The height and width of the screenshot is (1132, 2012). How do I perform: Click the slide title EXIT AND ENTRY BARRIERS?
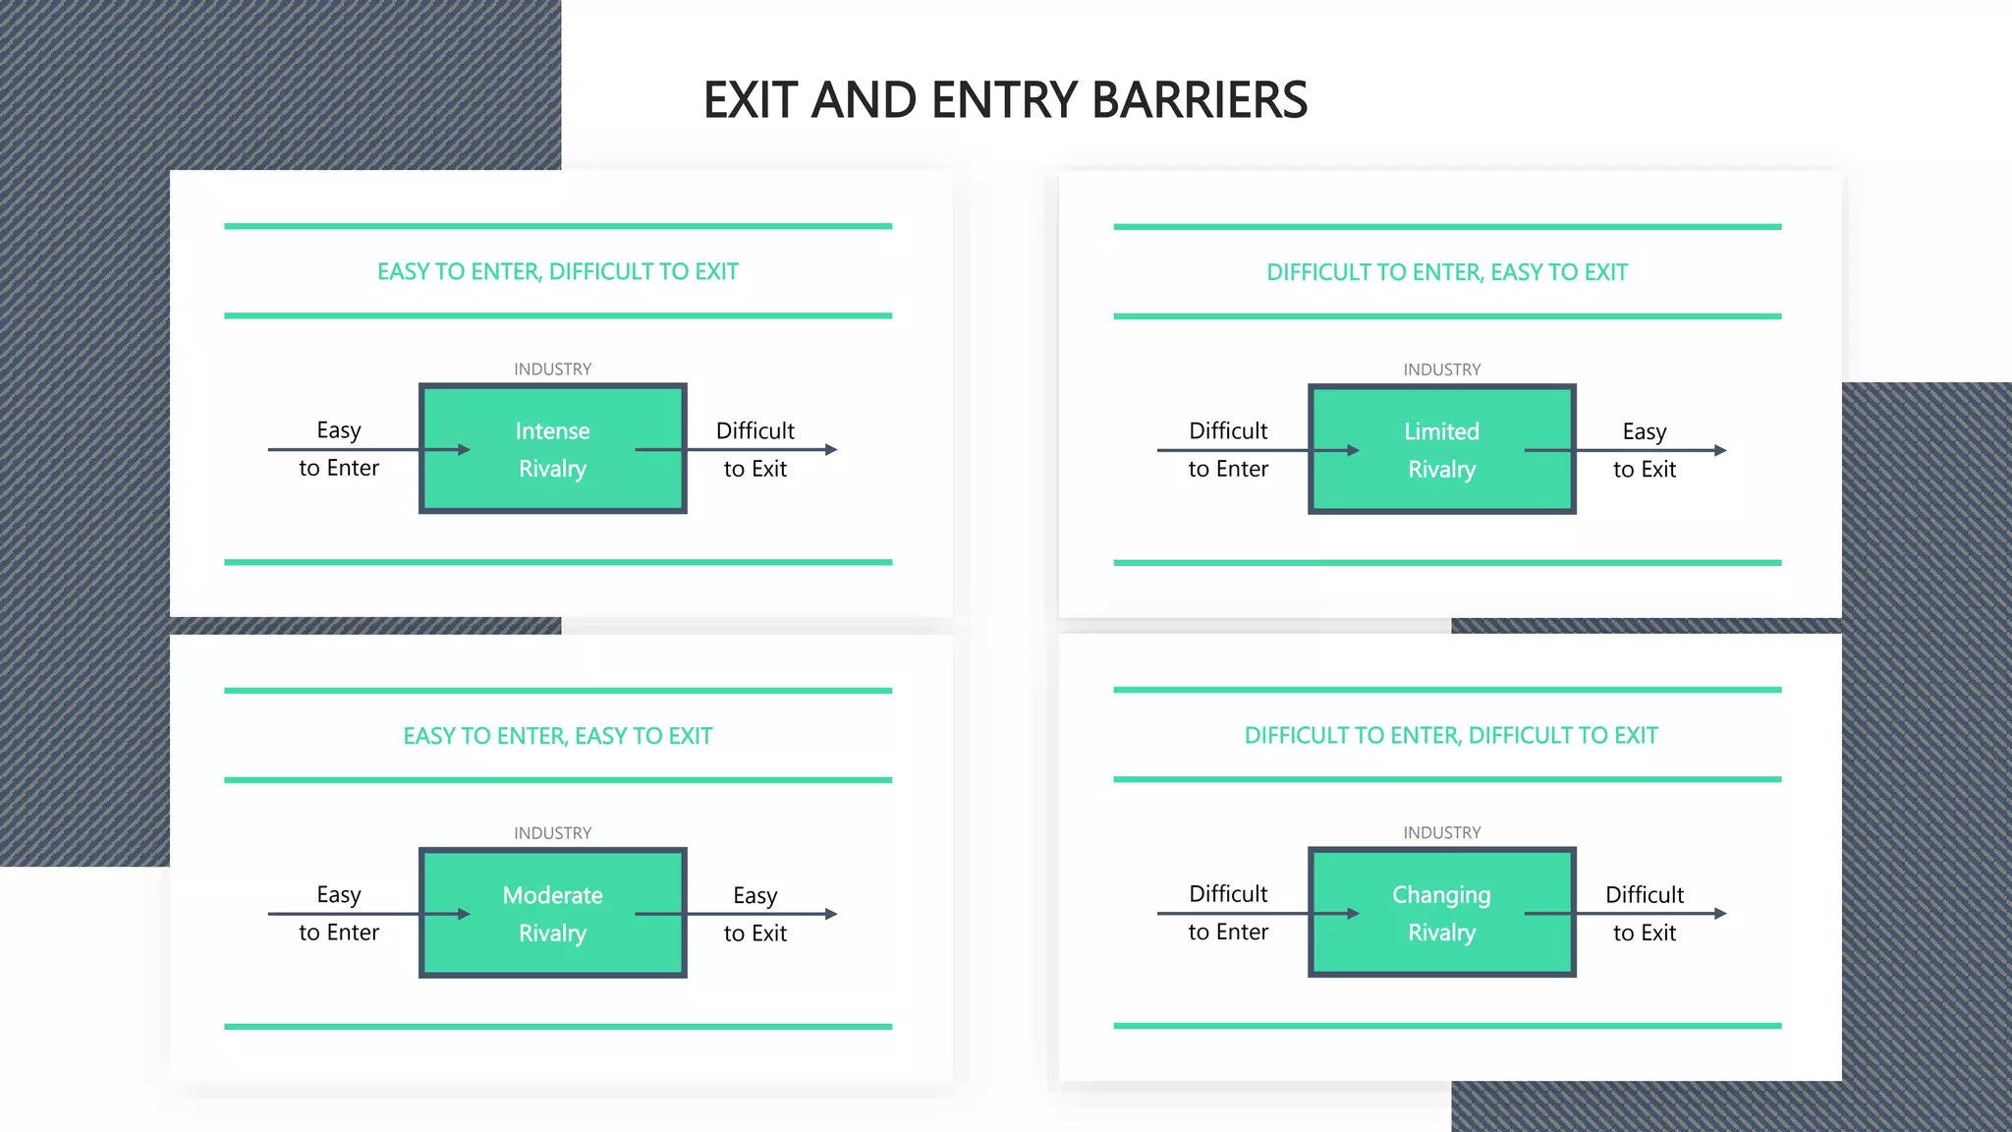(x=1005, y=100)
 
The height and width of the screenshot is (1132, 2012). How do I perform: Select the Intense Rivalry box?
(x=552, y=449)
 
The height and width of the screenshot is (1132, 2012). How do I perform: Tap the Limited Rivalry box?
(x=1441, y=450)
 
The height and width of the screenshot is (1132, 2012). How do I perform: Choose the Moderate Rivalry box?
(x=552, y=913)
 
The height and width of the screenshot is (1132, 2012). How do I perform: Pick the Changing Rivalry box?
(x=1441, y=912)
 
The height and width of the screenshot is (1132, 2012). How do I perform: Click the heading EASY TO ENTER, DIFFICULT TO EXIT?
(x=557, y=271)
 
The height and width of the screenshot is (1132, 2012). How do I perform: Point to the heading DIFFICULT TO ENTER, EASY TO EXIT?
(x=1446, y=272)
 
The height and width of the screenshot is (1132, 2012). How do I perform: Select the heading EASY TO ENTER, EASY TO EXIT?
(x=557, y=736)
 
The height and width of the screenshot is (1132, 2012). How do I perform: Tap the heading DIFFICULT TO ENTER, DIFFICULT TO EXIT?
(x=1450, y=735)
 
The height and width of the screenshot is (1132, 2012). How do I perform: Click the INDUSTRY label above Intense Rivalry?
(x=552, y=369)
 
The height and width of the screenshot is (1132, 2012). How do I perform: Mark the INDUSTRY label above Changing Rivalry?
(x=1441, y=832)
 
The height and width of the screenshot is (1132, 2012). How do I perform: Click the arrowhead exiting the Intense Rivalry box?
(x=831, y=449)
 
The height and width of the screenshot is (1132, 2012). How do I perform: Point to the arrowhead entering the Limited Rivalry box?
(x=1353, y=450)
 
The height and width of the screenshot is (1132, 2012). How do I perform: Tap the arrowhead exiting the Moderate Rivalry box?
(x=831, y=914)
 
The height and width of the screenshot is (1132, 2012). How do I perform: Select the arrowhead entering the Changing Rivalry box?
(x=1353, y=913)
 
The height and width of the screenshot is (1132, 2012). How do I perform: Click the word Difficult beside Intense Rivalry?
(x=754, y=430)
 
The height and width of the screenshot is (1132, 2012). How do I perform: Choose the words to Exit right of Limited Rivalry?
(x=1644, y=470)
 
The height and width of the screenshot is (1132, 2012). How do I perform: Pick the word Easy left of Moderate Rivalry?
(x=339, y=894)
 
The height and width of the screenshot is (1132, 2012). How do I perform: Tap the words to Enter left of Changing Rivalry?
(x=1228, y=932)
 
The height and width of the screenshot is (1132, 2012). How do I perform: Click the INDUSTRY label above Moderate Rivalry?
(x=552, y=833)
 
